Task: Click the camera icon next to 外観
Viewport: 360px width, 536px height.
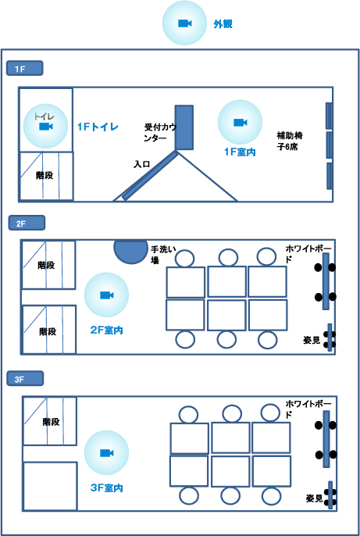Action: point(185,23)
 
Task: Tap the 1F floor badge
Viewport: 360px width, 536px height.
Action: point(24,69)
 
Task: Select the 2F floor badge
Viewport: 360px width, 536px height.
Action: point(27,223)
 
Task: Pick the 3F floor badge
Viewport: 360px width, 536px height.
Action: point(25,379)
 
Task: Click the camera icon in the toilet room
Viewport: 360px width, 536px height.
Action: point(46,127)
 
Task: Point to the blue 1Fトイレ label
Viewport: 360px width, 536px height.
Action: point(98,127)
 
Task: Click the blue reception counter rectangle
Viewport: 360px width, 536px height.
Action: point(184,127)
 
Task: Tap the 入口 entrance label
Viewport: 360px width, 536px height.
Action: point(142,164)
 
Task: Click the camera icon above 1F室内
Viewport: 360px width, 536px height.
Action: point(240,123)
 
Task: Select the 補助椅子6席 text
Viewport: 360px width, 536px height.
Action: point(290,141)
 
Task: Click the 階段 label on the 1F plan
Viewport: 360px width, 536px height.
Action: point(45,176)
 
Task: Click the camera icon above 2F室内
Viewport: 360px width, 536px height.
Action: point(106,295)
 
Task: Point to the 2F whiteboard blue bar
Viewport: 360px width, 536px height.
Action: point(326,281)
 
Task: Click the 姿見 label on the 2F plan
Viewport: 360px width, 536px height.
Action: point(312,341)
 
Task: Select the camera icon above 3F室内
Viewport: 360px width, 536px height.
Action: point(106,453)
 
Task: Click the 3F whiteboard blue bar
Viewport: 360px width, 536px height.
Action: point(326,439)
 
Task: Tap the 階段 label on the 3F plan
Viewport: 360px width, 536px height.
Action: point(52,422)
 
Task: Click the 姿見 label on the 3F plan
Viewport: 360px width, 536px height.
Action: point(314,498)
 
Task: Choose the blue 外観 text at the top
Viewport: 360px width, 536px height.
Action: point(223,24)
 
